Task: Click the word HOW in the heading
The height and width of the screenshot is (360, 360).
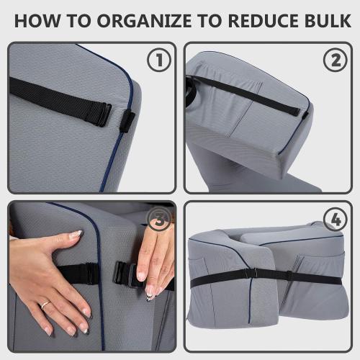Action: point(37,21)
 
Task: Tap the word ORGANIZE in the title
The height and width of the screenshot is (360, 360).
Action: point(144,21)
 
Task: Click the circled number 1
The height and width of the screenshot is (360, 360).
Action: point(159,59)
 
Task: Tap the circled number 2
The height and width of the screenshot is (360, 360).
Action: point(336,59)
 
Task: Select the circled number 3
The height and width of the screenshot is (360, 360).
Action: point(159,220)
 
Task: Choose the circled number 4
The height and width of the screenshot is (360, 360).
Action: point(336,220)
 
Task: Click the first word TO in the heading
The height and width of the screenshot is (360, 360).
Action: point(78,21)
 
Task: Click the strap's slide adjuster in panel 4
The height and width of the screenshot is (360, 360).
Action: point(290,276)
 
